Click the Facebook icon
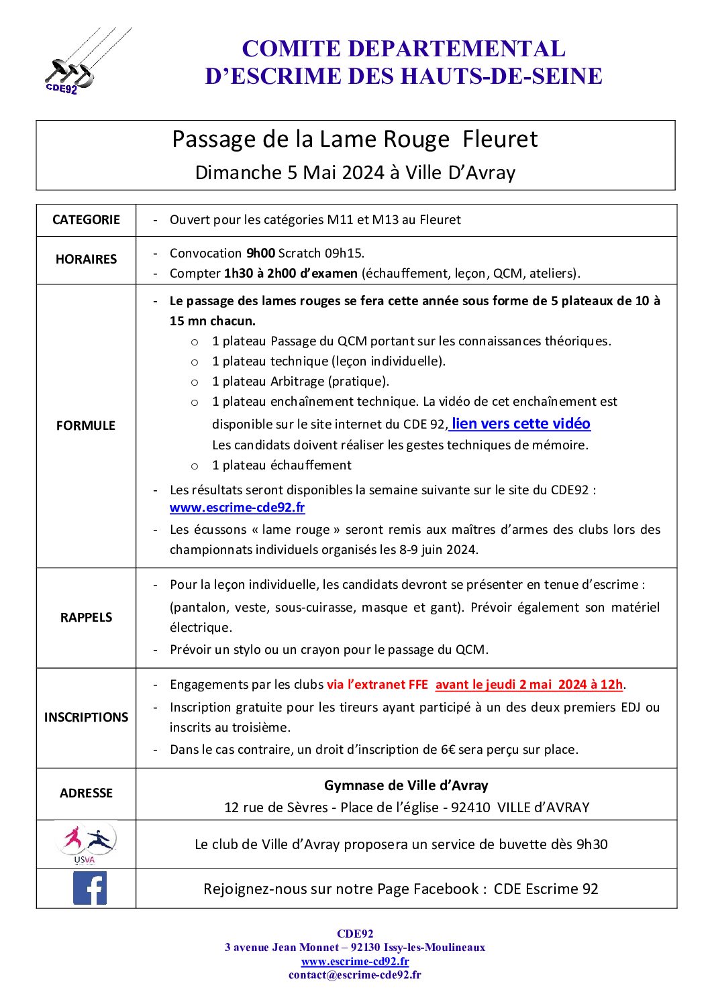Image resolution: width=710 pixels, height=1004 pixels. point(89,888)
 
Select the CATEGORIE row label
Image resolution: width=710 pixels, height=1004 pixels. point(86,220)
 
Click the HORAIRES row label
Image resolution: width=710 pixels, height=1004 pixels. point(86,260)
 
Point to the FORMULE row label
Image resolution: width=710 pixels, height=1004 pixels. point(86,426)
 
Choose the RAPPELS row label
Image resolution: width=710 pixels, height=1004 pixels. point(86,618)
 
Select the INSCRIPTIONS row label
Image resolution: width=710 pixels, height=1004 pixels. point(86,718)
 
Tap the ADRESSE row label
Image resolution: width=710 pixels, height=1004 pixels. point(86,793)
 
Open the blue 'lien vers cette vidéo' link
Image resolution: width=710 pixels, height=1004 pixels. point(521,424)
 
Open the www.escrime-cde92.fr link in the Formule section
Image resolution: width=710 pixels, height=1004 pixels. point(237,508)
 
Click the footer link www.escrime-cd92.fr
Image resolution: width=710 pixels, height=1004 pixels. point(355,961)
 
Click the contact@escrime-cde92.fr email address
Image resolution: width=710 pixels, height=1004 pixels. point(355,975)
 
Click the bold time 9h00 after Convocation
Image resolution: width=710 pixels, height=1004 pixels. point(260,254)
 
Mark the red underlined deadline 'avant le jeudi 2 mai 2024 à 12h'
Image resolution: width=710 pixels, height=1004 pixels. point(529,685)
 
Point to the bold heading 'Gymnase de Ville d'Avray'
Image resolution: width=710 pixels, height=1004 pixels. point(406,785)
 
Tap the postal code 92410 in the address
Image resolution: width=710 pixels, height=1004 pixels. point(470,807)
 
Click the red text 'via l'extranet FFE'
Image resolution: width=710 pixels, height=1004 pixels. point(377,685)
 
